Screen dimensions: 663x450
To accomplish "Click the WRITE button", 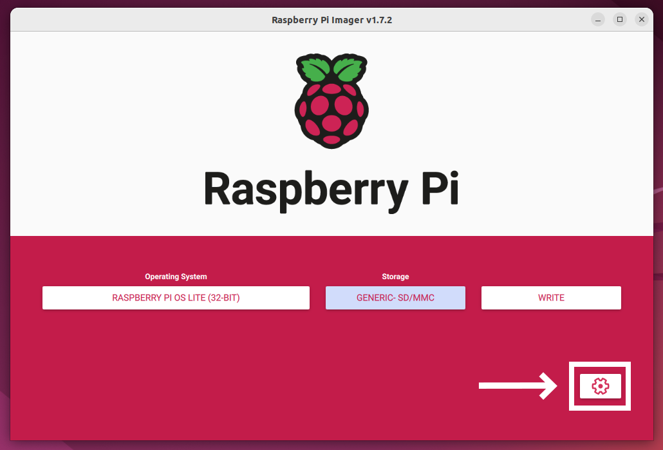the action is tap(551, 298).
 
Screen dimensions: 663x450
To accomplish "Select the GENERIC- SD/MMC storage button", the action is tap(395, 298).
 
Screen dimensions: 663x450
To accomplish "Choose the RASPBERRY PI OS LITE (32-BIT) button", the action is tap(176, 298).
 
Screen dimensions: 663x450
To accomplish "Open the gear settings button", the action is tap(600, 386).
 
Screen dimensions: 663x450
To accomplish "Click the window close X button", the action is tap(641, 19).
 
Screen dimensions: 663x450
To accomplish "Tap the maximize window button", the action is tap(620, 19).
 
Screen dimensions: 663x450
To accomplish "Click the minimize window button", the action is tap(598, 19).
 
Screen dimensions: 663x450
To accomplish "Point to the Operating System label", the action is tap(176, 277).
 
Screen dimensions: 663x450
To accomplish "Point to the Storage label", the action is tap(395, 277).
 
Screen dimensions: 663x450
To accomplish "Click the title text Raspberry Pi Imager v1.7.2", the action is tap(332, 20).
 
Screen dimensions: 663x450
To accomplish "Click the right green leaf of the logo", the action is tap(350, 69).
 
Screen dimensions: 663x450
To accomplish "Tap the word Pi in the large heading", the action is tap(440, 188).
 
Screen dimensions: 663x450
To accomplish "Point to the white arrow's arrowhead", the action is tap(549, 386).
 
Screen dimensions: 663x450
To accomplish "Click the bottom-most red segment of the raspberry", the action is tap(331, 140).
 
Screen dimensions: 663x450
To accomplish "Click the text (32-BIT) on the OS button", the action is tap(223, 298).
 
